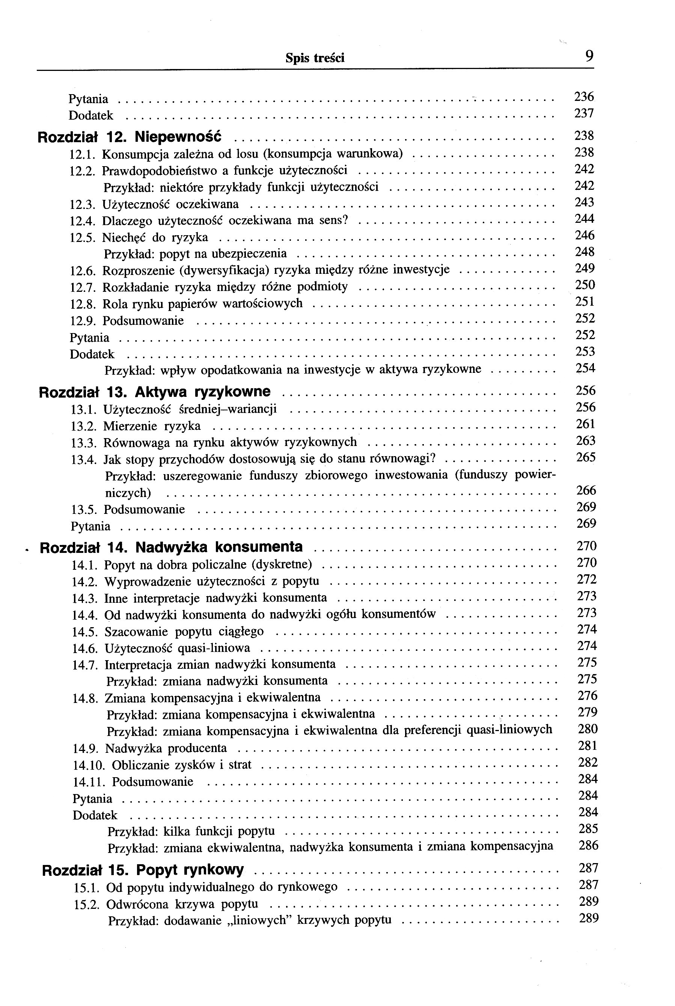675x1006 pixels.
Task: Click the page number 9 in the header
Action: [589, 56]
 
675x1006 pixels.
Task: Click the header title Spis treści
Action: [315, 58]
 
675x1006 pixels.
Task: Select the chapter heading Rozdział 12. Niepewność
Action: [130, 137]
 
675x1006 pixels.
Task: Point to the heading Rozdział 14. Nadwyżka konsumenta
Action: [171, 547]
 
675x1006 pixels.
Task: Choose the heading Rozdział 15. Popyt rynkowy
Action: [143, 870]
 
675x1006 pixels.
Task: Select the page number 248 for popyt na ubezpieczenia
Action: [585, 252]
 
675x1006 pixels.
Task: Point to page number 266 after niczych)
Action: [586, 490]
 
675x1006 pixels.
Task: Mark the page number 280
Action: [588, 729]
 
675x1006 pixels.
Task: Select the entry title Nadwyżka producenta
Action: [166, 748]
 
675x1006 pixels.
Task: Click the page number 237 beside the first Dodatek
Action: [584, 114]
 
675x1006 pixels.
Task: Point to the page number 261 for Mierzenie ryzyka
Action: [585, 425]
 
